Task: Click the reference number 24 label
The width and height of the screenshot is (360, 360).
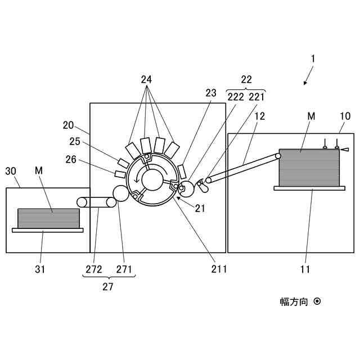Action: click(x=146, y=79)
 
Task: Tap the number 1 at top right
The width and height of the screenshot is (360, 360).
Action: click(x=313, y=58)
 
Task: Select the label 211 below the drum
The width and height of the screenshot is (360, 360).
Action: click(x=219, y=269)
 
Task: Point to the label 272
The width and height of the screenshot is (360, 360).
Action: click(x=94, y=269)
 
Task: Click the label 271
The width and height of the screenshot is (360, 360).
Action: click(x=124, y=269)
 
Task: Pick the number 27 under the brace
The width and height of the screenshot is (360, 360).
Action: click(x=108, y=286)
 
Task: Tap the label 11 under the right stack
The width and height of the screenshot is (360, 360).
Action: click(x=305, y=269)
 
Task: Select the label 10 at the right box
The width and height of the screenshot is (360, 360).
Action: click(x=345, y=116)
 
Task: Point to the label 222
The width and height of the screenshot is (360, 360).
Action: click(x=236, y=96)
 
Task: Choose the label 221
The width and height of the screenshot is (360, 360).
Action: click(x=256, y=96)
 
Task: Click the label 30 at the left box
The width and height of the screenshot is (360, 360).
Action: click(x=11, y=170)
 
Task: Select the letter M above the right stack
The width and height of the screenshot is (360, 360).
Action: click(x=311, y=116)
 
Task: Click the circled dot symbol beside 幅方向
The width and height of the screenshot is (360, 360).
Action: click(x=317, y=301)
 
